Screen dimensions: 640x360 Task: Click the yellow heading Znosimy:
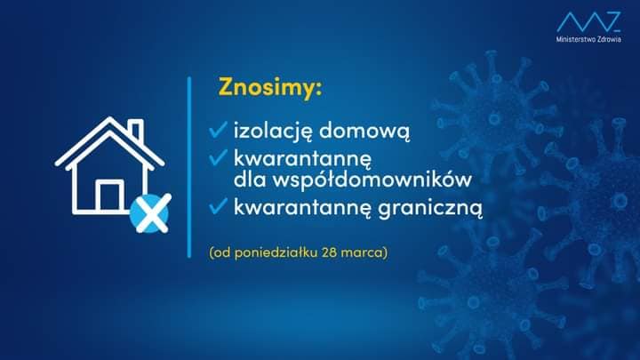[270, 87]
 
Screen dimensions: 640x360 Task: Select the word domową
[364, 131]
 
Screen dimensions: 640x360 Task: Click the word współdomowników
[372, 180]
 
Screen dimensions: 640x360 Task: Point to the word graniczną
[430, 207]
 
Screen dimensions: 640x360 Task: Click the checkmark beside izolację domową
[219, 129]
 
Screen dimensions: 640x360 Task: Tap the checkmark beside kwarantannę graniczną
[219, 205]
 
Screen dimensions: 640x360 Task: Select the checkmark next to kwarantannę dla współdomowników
[219, 157]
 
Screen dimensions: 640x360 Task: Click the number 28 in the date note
[329, 252]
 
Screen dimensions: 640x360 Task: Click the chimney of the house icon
[135, 130]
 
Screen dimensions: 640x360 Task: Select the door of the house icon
[110, 196]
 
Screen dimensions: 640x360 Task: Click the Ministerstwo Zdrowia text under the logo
[588, 39]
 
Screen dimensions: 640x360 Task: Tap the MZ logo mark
[588, 21]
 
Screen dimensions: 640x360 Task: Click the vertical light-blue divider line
[189, 167]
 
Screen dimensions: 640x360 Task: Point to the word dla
[250, 180]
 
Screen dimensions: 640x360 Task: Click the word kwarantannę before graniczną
[302, 207]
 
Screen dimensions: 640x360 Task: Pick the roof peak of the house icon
[109, 119]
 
